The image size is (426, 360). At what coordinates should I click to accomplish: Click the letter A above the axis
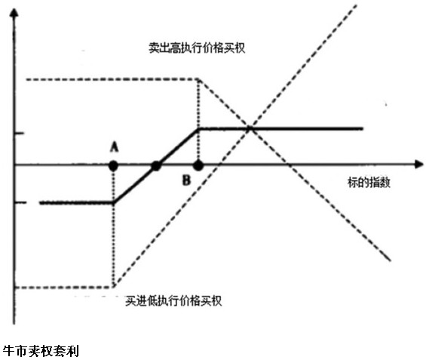(x=115, y=148)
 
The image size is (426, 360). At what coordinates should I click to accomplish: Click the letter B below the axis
(x=186, y=180)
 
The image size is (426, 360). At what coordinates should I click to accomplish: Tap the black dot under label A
(x=113, y=165)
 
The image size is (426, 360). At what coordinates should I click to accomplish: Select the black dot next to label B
(x=198, y=165)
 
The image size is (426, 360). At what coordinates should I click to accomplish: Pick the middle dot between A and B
(x=156, y=165)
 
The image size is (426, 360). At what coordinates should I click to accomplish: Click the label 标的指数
(x=369, y=182)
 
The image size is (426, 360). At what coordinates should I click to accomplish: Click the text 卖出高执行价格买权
(x=197, y=48)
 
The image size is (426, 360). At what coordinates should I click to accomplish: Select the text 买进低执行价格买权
(x=173, y=300)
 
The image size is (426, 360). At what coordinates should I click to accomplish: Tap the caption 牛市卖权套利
(x=41, y=351)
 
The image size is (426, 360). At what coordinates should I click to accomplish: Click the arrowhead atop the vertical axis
(x=14, y=13)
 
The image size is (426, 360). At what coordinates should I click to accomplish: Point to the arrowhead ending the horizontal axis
(x=418, y=165)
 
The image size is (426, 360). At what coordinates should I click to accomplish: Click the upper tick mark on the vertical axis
(x=20, y=133)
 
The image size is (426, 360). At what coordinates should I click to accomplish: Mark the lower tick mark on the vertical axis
(x=20, y=202)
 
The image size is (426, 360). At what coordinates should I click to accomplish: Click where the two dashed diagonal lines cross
(x=250, y=128)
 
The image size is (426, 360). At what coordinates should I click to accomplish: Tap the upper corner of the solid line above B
(x=199, y=128)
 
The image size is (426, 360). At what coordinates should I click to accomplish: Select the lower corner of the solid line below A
(x=114, y=202)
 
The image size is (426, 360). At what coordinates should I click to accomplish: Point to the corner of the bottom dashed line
(x=114, y=287)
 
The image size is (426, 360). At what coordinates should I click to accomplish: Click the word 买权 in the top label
(x=234, y=48)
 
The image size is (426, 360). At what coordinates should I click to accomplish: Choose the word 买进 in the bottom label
(x=136, y=300)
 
